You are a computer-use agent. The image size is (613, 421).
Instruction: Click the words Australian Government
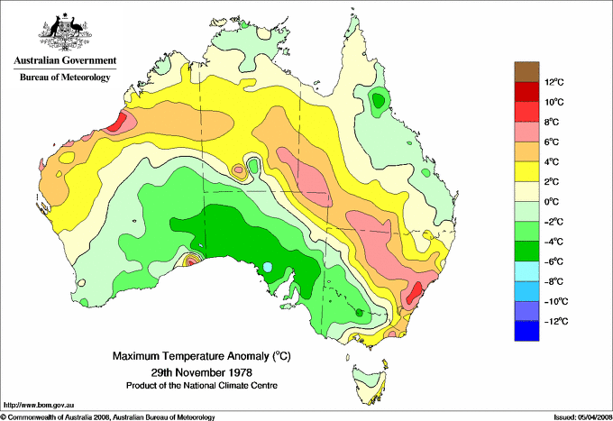click(64, 61)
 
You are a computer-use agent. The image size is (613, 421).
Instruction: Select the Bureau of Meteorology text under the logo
click(64, 78)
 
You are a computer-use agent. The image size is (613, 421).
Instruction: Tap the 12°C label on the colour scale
click(554, 83)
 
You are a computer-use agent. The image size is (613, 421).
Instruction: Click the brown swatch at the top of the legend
click(527, 72)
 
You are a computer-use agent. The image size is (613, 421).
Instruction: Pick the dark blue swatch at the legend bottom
click(527, 331)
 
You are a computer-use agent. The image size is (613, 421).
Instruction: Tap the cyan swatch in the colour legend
click(527, 271)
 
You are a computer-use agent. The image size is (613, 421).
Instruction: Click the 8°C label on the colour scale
click(553, 123)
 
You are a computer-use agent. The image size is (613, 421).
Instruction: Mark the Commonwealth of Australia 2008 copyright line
click(108, 416)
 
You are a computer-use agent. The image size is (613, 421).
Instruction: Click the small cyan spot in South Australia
click(268, 267)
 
